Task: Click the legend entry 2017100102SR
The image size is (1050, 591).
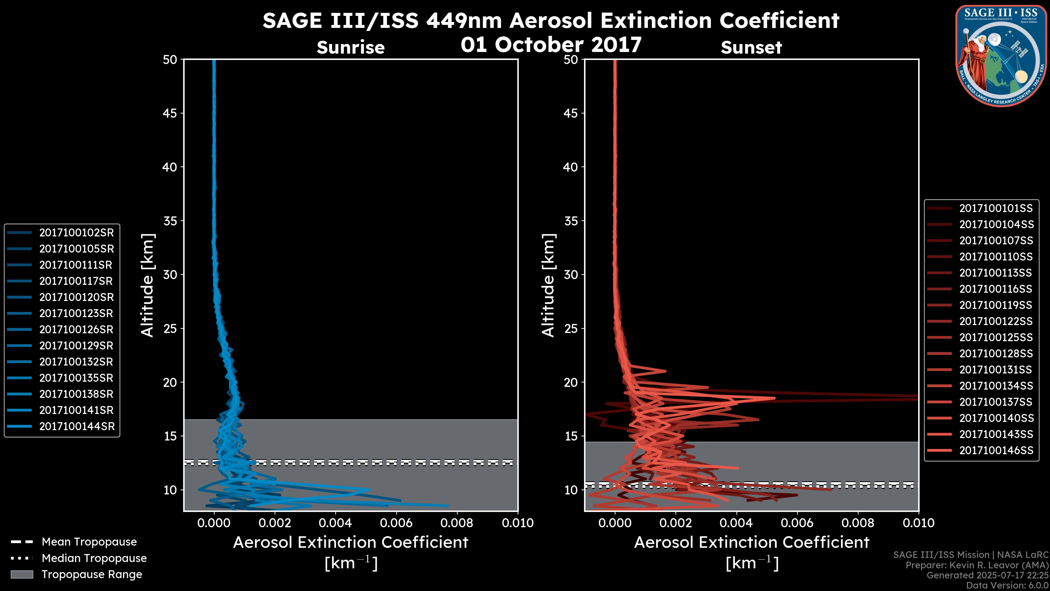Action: [76, 233]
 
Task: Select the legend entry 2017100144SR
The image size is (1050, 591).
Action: [76, 426]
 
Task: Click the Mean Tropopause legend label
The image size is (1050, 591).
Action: [89, 542]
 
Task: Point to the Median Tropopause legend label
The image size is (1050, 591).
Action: [94, 558]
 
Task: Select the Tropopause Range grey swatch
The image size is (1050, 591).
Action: [22, 574]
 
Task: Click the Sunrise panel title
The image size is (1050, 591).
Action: [351, 47]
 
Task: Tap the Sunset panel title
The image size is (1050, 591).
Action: [751, 47]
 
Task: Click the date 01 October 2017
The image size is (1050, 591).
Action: [551, 44]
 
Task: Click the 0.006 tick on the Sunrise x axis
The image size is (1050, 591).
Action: [396, 523]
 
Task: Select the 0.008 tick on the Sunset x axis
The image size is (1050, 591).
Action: [858, 523]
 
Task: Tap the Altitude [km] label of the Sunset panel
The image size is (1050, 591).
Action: [548, 285]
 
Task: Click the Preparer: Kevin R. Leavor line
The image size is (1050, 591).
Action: [977, 565]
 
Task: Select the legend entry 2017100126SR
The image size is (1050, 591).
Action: [76, 329]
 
